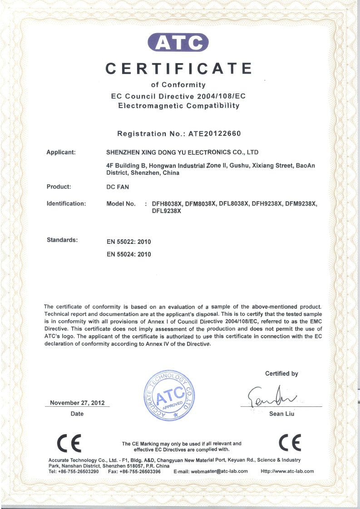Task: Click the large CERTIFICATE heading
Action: tap(178, 69)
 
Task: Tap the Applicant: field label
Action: tap(61, 152)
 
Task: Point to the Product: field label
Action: tap(59, 187)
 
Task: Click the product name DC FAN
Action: tap(118, 187)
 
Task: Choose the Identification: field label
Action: tap(66, 203)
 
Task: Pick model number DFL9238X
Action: tap(167, 211)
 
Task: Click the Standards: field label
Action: tap(62, 239)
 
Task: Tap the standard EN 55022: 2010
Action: tap(128, 242)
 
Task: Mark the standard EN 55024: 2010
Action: tap(128, 254)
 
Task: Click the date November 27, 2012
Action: tap(77, 403)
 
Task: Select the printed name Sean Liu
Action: tap(282, 414)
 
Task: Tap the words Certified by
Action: tap(281, 374)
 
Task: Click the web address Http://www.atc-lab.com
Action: tap(287, 471)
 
